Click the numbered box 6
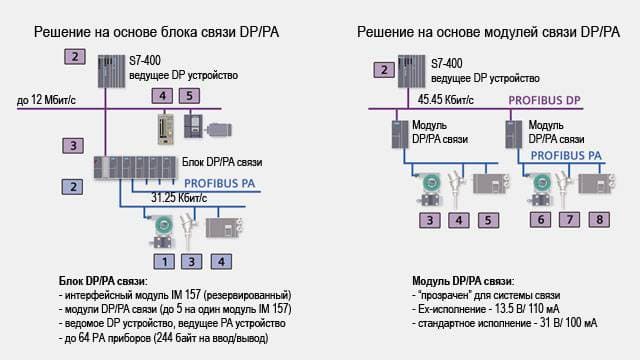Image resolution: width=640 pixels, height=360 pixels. point(540,220)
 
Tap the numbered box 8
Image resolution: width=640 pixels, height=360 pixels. point(599,220)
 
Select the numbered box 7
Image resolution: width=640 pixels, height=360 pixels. point(569,220)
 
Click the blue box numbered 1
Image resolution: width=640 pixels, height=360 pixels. point(164,262)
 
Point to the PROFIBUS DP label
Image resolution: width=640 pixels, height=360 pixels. point(544,100)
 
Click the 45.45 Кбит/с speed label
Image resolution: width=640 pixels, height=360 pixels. point(446,100)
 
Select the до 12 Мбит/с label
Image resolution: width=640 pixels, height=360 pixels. point(46,100)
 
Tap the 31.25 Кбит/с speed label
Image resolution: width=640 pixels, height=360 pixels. point(179,198)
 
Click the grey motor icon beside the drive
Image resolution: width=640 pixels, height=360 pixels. point(219,130)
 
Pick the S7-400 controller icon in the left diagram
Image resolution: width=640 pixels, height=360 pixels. point(111,71)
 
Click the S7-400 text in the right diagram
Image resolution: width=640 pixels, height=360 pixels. point(447,64)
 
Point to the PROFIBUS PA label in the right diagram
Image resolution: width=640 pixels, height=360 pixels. point(566,156)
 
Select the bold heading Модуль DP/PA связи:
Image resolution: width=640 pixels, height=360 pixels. point(463,281)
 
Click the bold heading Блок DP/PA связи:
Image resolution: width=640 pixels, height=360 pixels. point(103,281)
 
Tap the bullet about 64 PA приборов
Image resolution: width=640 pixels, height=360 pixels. point(164,338)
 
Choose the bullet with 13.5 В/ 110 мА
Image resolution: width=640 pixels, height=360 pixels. point(486,309)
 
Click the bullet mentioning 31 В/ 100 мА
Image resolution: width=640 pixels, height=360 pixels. point(504,323)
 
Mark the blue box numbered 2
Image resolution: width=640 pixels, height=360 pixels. point(73,187)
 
